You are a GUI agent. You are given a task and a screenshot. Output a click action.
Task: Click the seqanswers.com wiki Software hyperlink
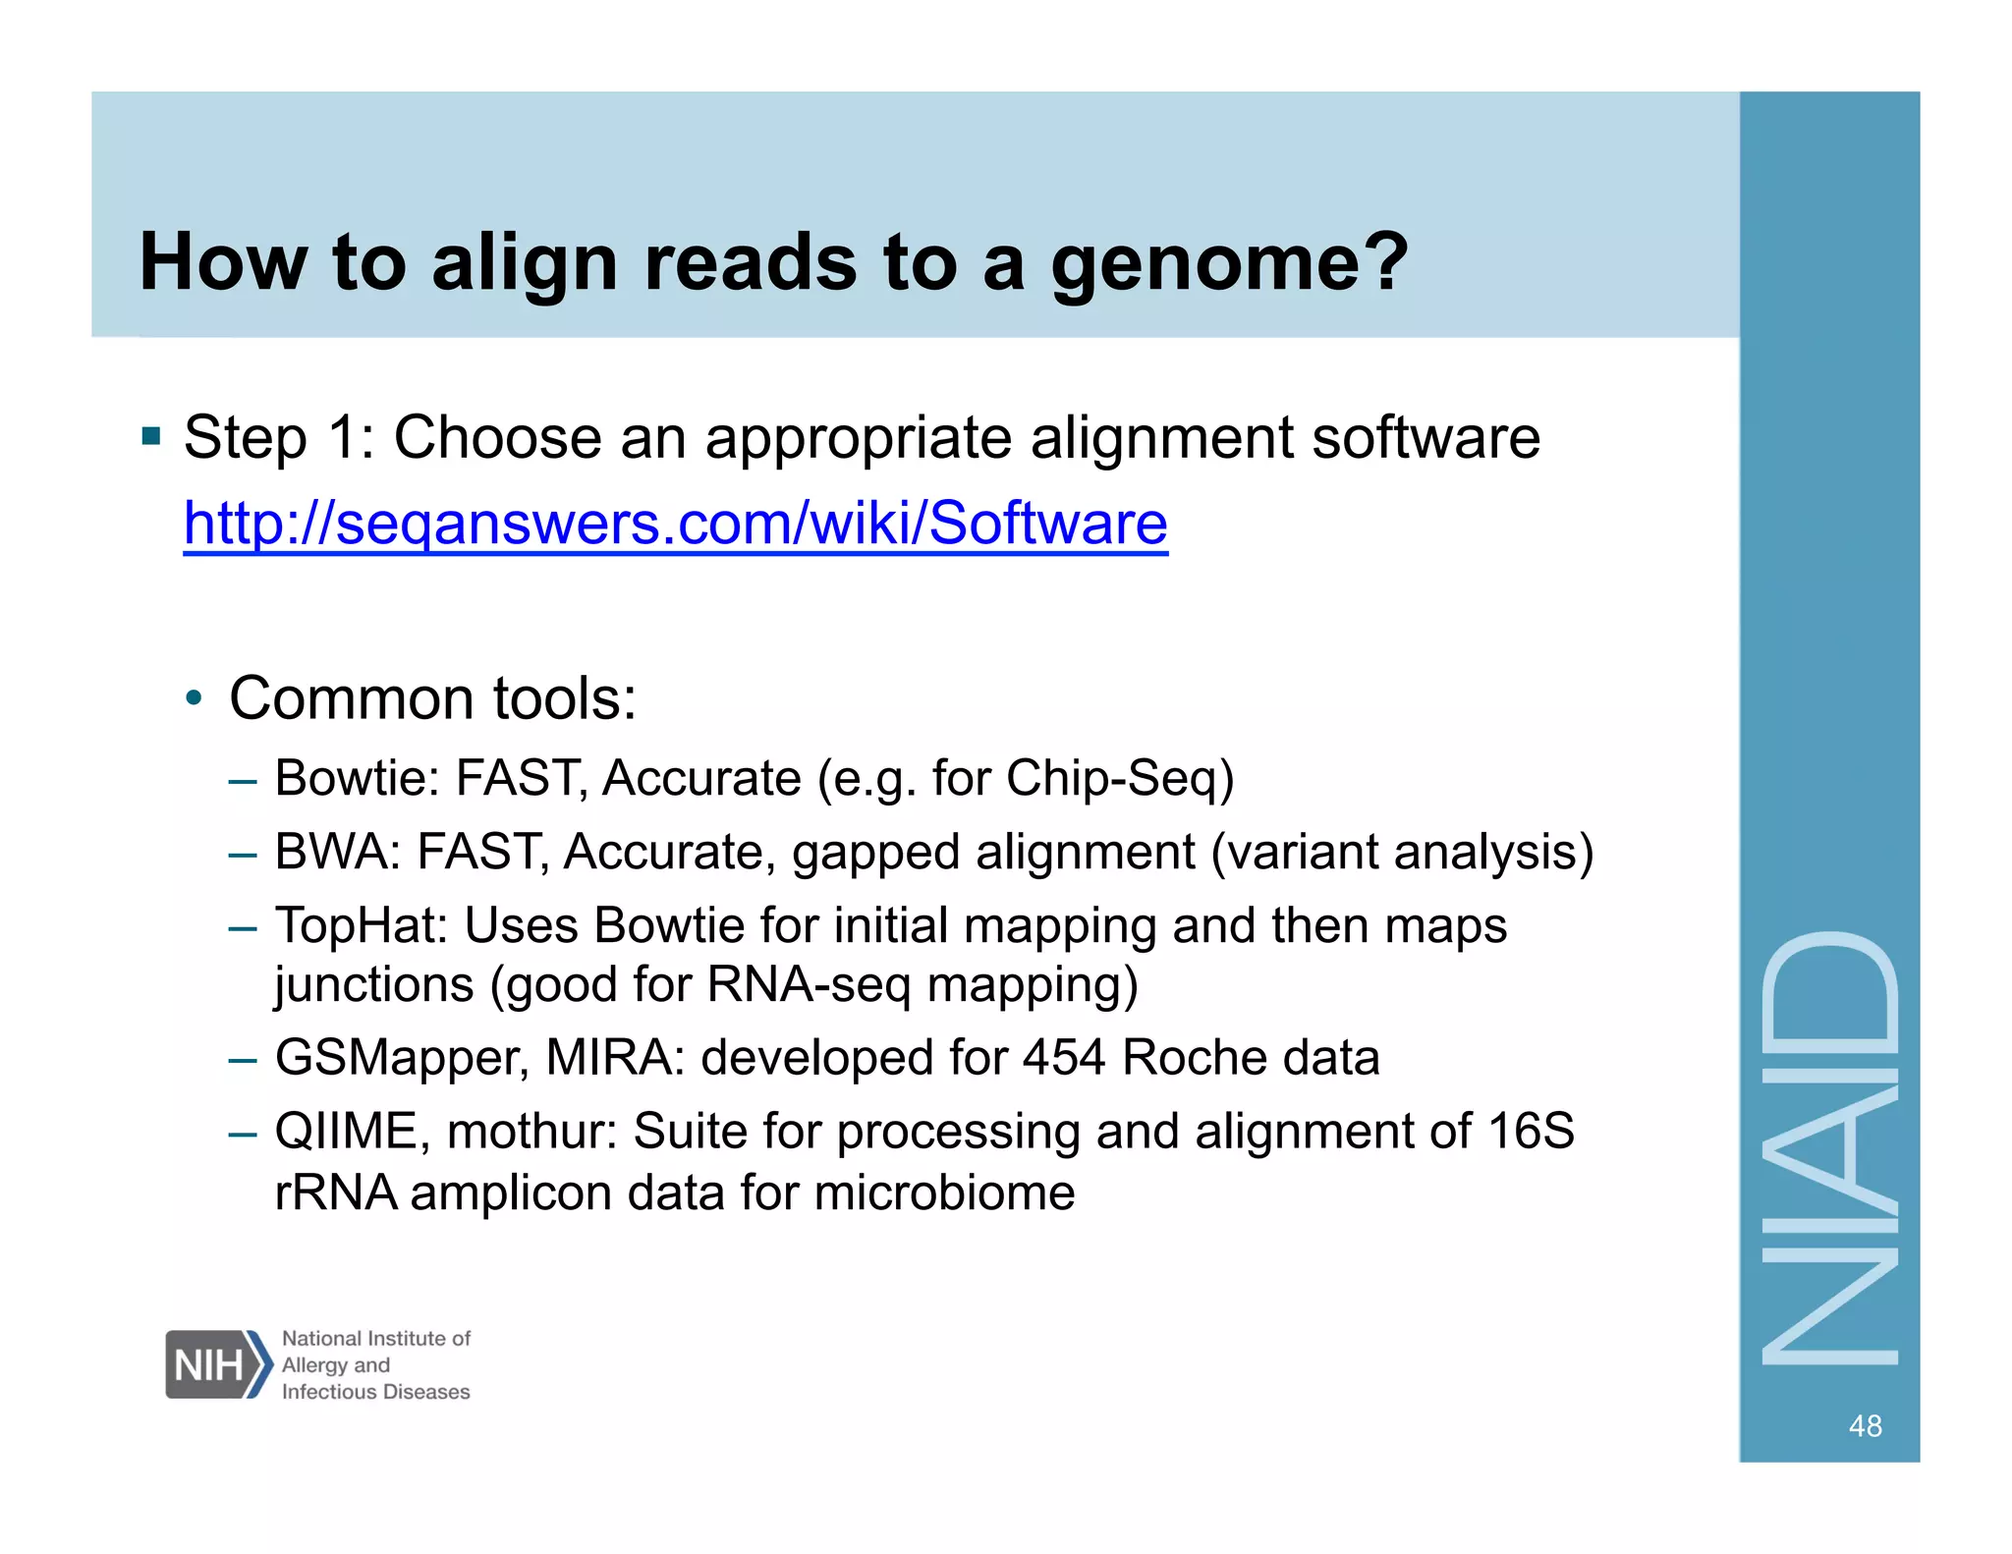click(x=675, y=523)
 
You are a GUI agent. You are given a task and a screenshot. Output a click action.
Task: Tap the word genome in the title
click(x=1228, y=263)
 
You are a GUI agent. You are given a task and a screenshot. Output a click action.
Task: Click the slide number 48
click(x=1865, y=1425)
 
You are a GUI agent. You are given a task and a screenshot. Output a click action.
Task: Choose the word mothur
click(x=531, y=1132)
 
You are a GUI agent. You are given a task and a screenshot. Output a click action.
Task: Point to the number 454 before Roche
click(x=1063, y=1058)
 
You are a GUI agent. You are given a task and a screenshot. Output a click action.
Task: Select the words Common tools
click(x=432, y=698)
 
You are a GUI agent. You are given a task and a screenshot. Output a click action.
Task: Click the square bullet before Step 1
click(x=150, y=436)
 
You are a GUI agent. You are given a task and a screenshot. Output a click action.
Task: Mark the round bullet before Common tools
click(x=195, y=699)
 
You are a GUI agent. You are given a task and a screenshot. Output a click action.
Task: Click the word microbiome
click(x=944, y=1193)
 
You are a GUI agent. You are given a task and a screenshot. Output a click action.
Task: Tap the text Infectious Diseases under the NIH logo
click(x=375, y=1392)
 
